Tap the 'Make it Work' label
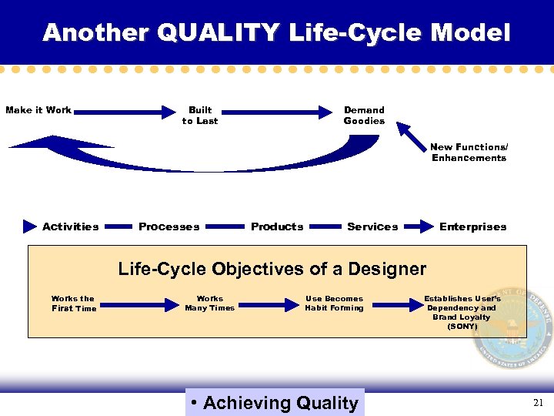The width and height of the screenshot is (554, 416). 38,110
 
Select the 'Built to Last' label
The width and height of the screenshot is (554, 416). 200,116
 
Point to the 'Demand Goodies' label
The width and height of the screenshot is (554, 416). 364,116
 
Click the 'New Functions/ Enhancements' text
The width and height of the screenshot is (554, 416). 469,153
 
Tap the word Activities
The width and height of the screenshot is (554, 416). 71,226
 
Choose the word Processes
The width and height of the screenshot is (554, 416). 169,226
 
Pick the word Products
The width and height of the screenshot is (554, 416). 277,226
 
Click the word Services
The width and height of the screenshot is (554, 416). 372,226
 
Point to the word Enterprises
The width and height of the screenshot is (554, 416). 472,226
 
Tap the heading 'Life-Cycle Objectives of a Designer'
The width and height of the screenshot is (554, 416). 272,269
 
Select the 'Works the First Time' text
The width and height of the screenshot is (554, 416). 74,304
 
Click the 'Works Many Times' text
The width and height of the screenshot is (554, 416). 209,304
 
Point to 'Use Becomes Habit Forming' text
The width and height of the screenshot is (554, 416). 334,304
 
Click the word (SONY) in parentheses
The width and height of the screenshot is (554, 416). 462,327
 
